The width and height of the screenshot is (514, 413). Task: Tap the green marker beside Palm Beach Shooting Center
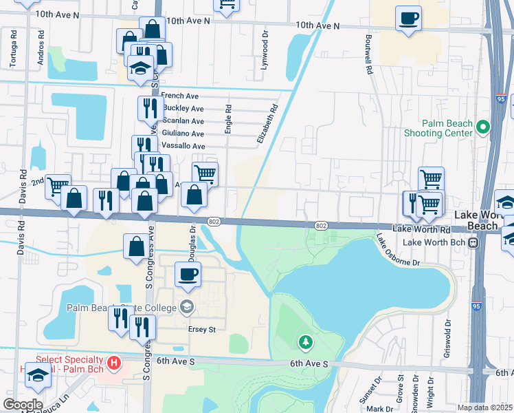482,127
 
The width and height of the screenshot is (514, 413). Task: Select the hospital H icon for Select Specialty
115,361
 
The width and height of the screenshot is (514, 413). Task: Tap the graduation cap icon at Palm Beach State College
186,306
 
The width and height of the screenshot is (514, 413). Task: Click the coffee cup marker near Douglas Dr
188,274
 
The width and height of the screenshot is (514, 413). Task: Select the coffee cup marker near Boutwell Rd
409,17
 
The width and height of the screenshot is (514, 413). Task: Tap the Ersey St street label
202,329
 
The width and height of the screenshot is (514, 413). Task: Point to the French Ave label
179,96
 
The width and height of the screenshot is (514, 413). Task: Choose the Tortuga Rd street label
13,50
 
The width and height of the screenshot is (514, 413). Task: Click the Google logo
23,405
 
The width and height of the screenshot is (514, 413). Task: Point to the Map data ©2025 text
484,407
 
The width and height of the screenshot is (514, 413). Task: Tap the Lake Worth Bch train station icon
473,243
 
